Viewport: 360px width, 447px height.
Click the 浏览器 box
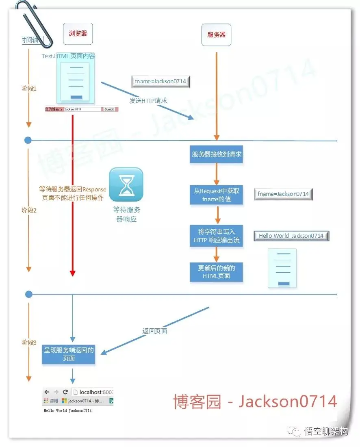78,34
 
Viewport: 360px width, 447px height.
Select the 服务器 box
216,35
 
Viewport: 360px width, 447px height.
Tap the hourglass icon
126,185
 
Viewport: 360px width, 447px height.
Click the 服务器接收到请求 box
216,154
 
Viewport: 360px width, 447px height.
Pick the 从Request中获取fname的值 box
216,195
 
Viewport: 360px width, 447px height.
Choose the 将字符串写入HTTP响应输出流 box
216,236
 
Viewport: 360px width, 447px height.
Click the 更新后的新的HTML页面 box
216,272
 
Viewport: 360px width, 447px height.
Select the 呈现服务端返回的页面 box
69,354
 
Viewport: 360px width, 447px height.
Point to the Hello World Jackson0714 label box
291,236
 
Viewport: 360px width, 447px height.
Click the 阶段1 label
29,88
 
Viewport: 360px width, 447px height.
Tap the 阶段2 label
29,210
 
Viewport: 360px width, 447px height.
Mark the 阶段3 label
29,342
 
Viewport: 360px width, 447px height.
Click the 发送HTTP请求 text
148,100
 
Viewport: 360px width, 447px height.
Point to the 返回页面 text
155,331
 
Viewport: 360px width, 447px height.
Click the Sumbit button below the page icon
109,109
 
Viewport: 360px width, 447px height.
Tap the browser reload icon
65,392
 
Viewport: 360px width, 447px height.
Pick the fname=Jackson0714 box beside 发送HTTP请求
160,81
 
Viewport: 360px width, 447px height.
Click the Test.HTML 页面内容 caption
68,56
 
